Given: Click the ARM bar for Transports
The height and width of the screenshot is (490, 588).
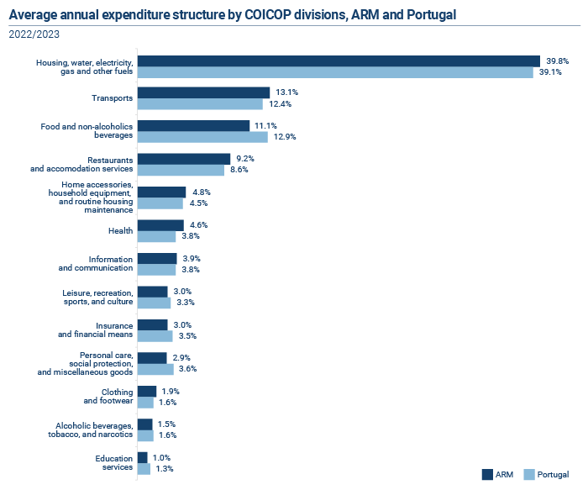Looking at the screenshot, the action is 203,92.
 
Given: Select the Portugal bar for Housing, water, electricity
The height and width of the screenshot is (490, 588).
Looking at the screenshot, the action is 335,72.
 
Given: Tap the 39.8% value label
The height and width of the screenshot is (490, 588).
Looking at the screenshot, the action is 557,61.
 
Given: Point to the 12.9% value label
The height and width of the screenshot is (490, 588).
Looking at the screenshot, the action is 285,137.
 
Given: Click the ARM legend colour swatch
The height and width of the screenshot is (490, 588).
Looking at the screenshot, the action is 487,475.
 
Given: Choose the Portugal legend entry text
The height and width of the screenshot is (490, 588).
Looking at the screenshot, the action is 553,475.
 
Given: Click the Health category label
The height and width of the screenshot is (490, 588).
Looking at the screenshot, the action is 120,231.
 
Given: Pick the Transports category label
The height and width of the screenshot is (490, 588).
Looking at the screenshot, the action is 112,98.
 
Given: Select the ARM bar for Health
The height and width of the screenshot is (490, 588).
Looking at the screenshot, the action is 160,225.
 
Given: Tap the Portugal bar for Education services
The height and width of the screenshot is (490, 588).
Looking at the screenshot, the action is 144,469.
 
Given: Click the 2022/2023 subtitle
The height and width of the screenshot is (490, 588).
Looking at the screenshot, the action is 34,34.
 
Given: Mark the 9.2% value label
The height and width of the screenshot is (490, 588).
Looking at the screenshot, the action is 245,159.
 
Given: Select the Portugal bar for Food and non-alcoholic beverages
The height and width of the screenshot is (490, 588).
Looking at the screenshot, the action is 202,137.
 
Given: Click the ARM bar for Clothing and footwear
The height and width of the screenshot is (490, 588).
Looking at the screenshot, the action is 147,392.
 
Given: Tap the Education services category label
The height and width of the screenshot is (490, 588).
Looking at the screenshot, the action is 114,463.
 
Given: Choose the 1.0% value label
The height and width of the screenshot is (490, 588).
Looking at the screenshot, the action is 161,458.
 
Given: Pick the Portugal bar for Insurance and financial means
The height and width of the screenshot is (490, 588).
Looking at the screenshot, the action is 155,336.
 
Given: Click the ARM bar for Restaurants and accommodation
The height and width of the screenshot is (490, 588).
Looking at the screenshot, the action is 184,159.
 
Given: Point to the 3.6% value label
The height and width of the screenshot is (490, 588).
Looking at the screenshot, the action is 187,369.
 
